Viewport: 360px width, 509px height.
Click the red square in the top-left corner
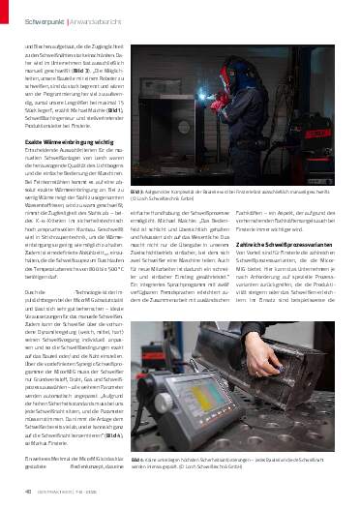pyautogui.click(x=7, y=8)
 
